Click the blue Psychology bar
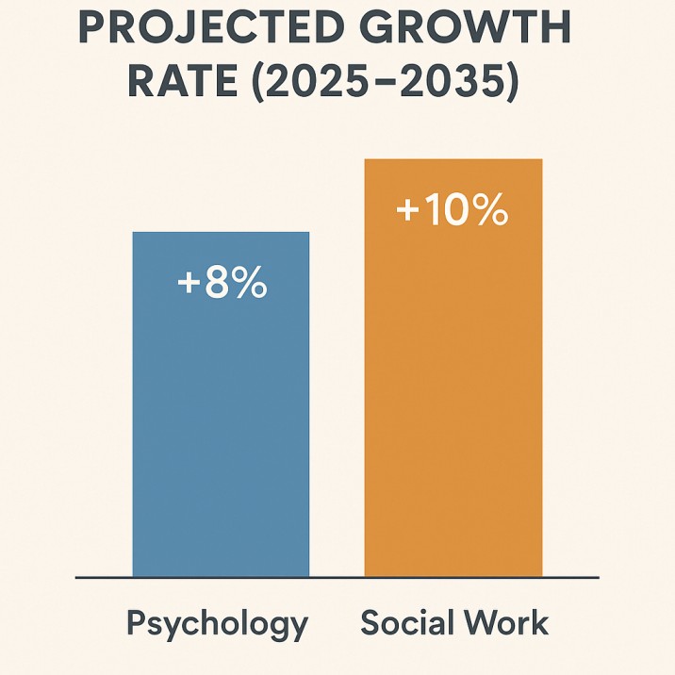point(221,424)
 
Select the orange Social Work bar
point(453,396)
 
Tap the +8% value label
point(222,283)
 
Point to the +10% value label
point(453,210)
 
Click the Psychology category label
point(217,625)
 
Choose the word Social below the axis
point(406,623)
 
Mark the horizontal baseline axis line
point(337,577)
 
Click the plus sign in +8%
point(189,284)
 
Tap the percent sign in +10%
point(488,210)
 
